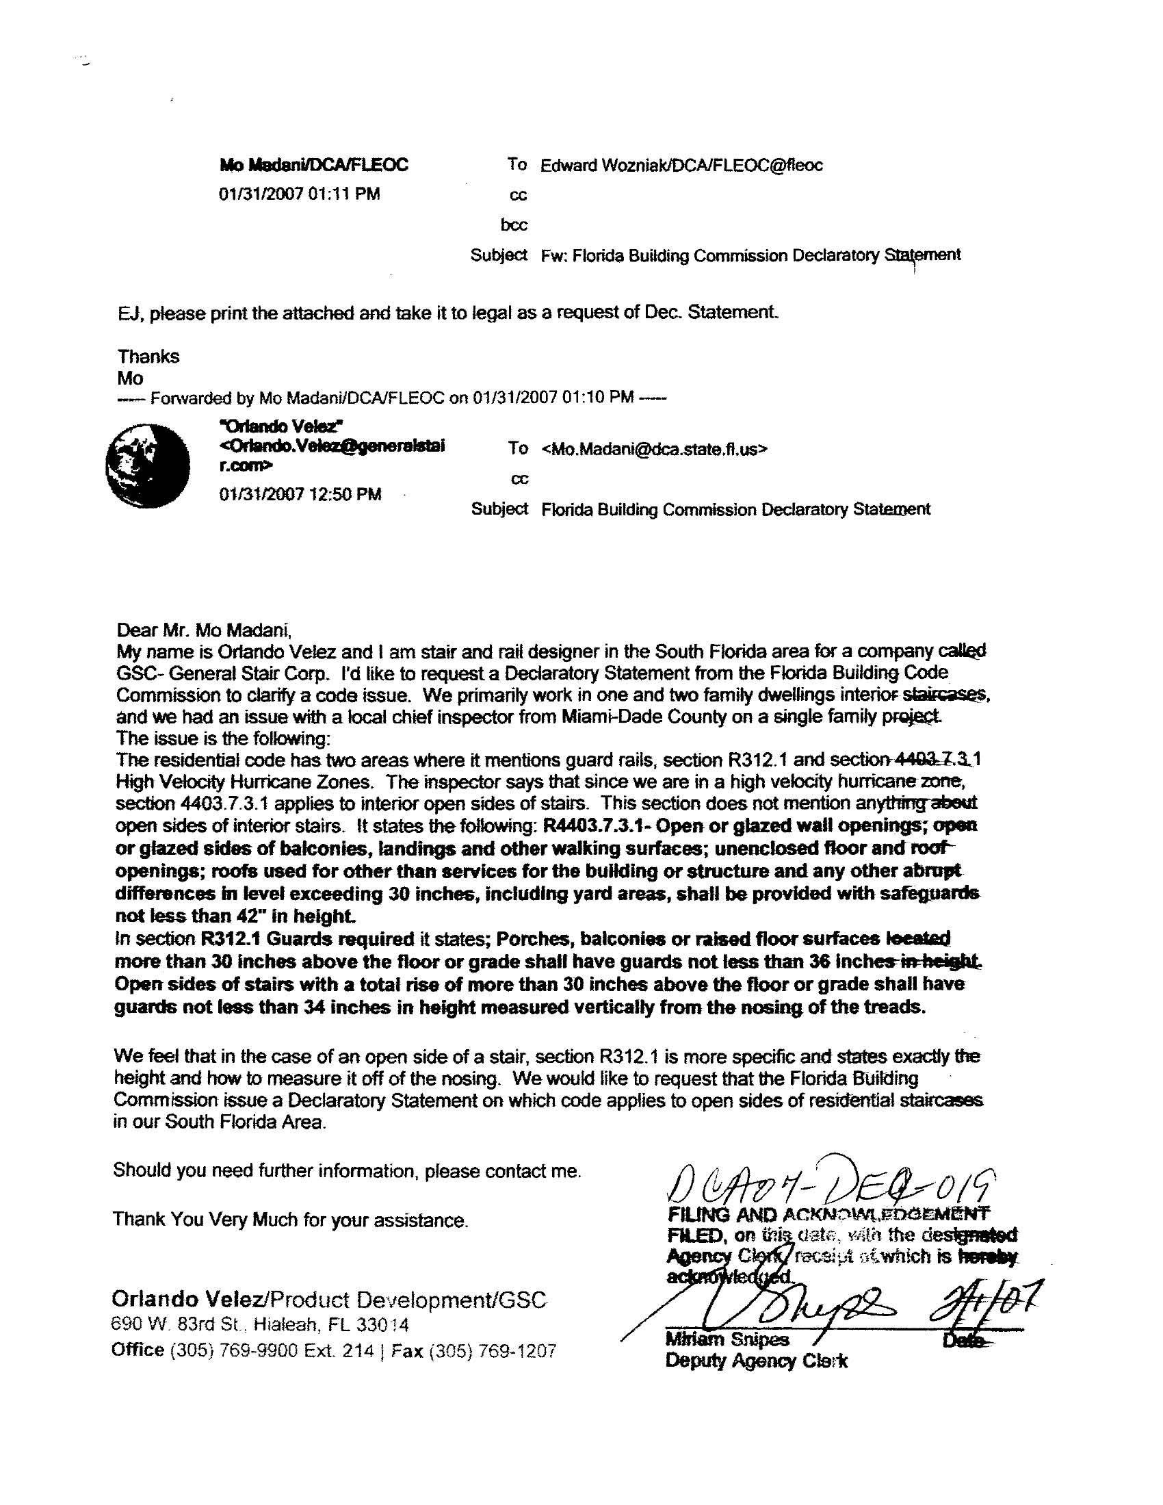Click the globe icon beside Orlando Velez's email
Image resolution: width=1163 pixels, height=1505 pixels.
pos(148,466)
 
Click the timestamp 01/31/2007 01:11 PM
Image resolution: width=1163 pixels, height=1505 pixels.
pos(299,194)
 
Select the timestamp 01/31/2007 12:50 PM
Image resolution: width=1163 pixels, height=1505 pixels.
pos(300,494)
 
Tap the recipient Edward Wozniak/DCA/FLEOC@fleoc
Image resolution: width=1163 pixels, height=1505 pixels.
pos(681,166)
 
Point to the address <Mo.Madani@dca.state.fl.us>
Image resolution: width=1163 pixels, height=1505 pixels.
pos(654,449)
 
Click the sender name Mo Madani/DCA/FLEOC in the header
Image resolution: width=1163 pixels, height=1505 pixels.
pos(313,166)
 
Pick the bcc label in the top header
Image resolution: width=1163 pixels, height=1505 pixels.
pos(513,224)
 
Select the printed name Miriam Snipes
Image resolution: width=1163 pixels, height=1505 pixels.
pos(726,1339)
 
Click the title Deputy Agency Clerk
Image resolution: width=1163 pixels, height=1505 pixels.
pos(756,1361)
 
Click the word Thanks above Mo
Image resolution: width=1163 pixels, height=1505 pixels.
pos(148,357)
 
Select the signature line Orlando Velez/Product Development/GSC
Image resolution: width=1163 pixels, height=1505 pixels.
pos(329,1299)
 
